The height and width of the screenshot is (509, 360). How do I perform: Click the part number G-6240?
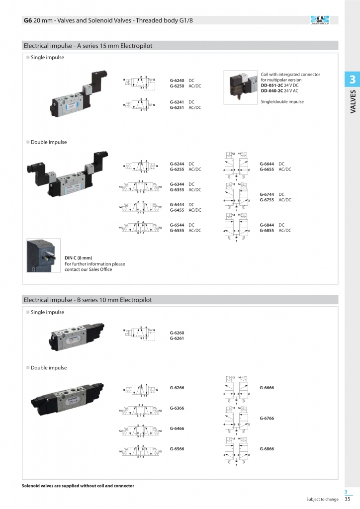(177, 81)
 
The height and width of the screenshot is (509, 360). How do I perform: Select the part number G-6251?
(177, 107)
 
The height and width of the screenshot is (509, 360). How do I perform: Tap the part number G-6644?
(267, 164)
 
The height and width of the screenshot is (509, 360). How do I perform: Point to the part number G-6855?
(267, 230)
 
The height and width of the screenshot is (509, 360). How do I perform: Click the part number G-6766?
(267, 419)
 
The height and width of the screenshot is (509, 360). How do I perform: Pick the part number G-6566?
(177, 449)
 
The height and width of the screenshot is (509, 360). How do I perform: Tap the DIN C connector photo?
(43, 255)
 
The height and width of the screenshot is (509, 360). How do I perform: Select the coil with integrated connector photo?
(241, 87)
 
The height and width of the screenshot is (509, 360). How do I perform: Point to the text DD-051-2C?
(272, 85)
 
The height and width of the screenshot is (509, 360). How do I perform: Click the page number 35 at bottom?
(348, 499)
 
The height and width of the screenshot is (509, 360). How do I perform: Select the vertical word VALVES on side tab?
(353, 102)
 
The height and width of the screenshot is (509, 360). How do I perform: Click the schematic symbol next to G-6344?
(139, 186)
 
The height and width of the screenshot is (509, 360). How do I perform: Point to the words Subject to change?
(322, 499)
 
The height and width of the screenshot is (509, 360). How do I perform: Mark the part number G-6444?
(177, 205)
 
